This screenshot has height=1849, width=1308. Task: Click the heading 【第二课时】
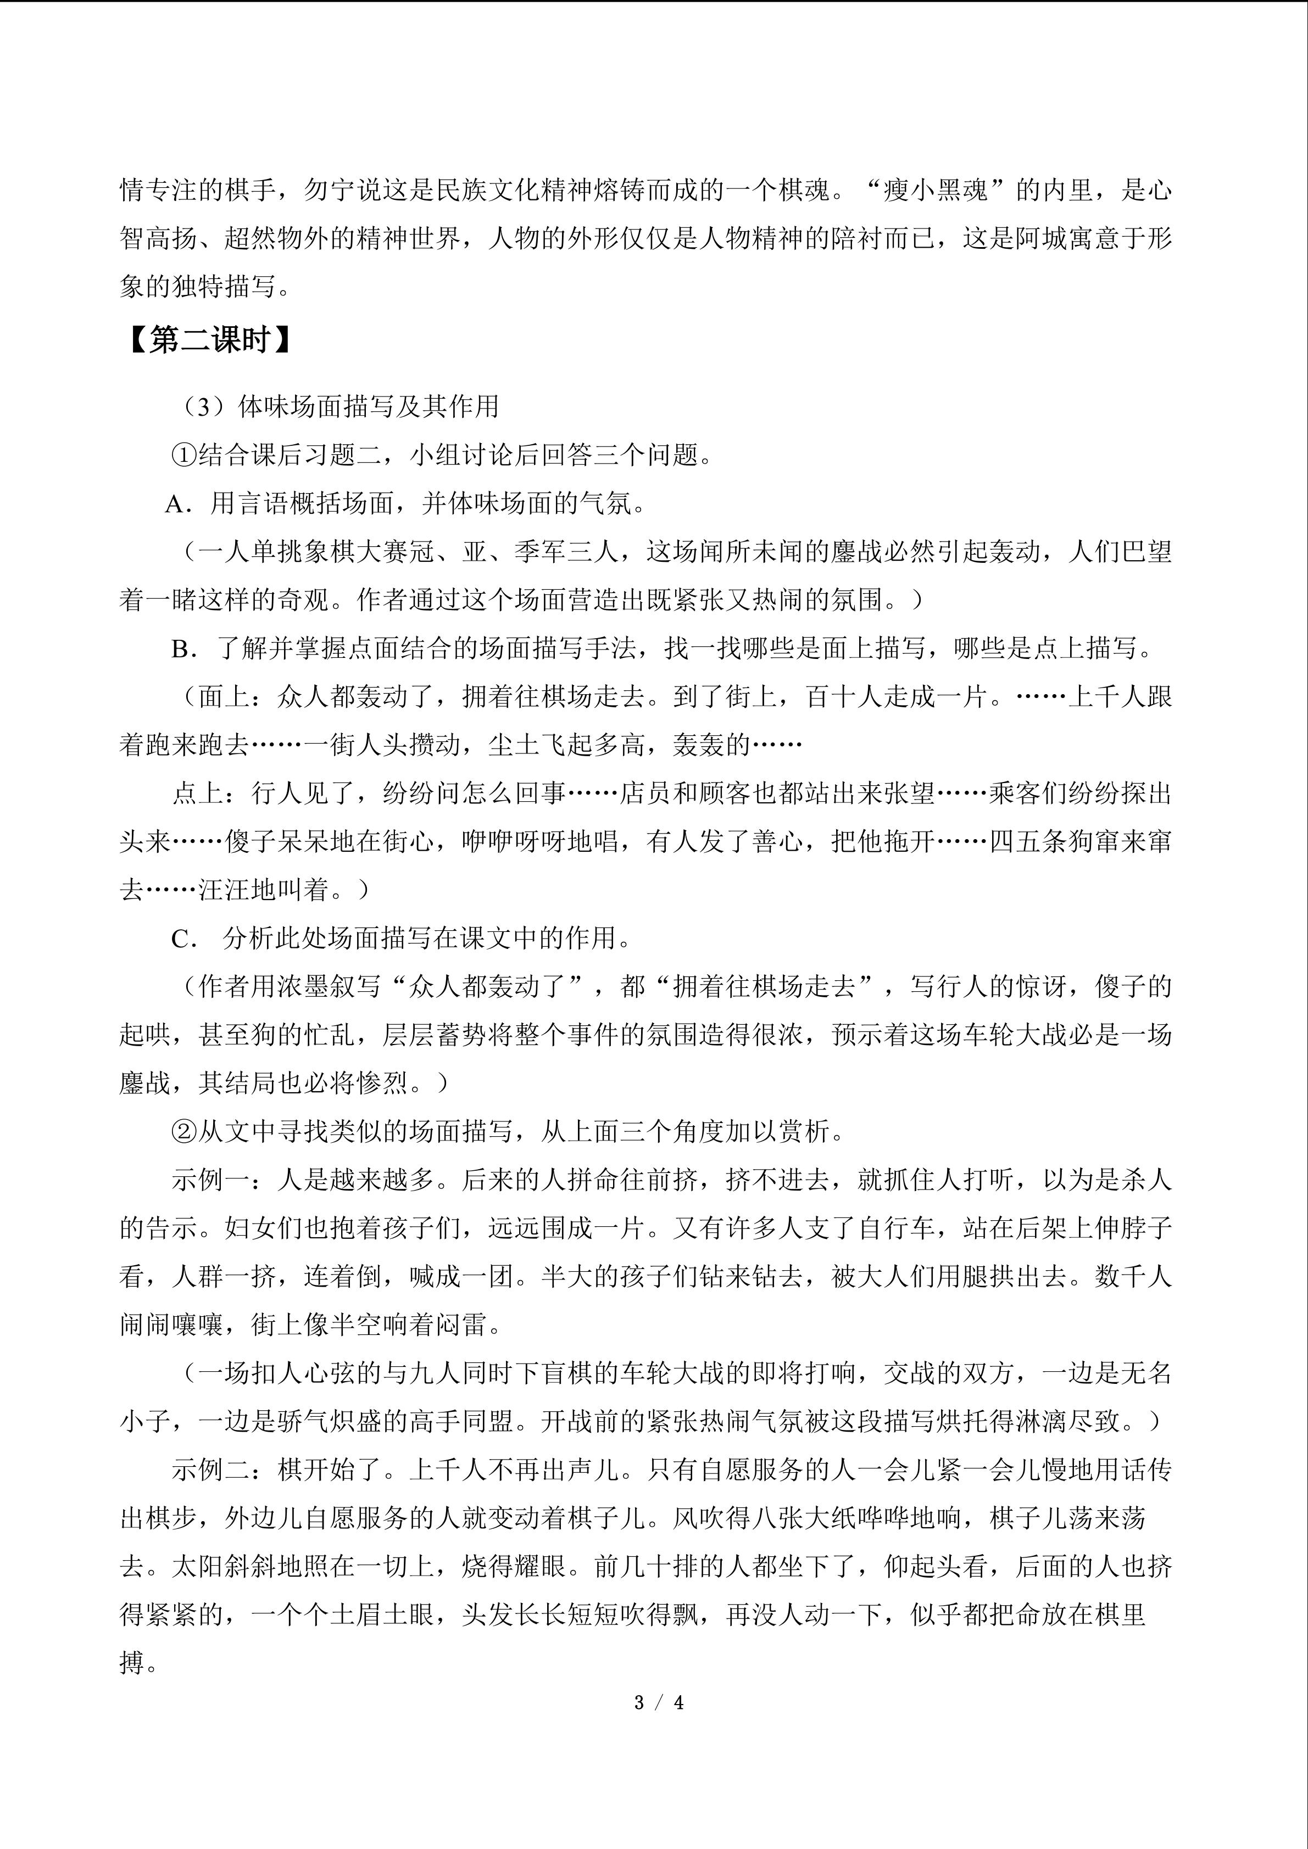click(207, 342)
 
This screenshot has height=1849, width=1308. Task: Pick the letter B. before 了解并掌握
click(183, 650)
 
